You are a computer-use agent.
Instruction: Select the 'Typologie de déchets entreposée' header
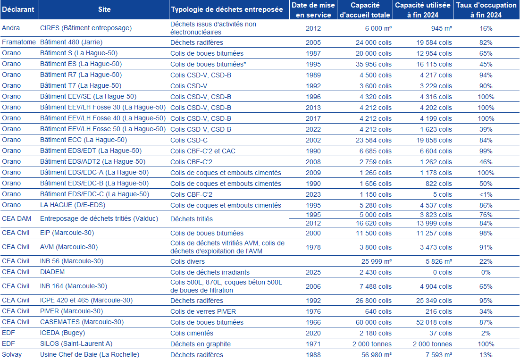click(x=227, y=9)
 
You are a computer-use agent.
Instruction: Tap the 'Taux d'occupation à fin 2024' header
click(x=486, y=9)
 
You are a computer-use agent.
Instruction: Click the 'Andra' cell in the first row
click(x=11, y=28)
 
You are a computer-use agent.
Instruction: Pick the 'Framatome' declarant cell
click(x=19, y=42)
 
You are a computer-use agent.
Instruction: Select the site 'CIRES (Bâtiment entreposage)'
click(x=86, y=28)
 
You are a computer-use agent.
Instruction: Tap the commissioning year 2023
click(x=313, y=194)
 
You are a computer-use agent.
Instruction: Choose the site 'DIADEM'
click(x=52, y=272)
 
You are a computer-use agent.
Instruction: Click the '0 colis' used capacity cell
click(x=439, y=272)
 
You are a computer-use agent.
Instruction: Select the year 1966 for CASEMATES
click(x=313, y=322)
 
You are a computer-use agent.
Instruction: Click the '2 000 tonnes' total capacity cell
click(x=372, y=344)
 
